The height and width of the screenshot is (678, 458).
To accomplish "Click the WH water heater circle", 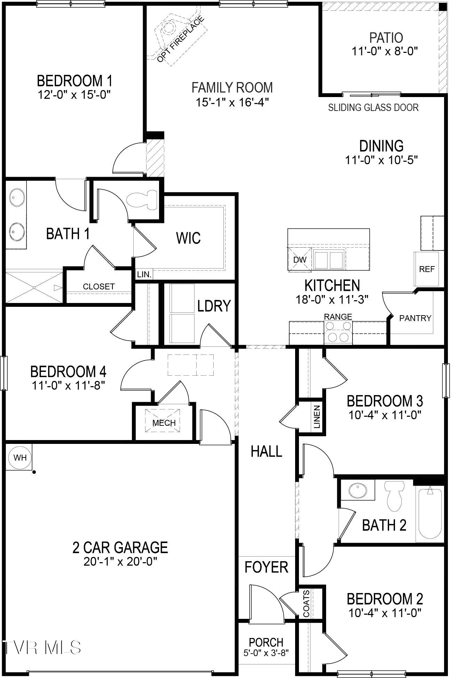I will tap(20, 457).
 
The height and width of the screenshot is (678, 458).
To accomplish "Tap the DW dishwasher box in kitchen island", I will tap(300, 260).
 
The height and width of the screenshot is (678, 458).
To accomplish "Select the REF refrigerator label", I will tap(427, 269).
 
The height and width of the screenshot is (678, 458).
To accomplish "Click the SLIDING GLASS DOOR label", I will tap(373, 107).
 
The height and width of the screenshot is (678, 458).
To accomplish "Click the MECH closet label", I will tap(164, 423).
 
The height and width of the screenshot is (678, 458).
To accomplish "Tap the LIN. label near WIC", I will tap(144, 274).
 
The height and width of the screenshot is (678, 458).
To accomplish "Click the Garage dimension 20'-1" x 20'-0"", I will tap(120, 561).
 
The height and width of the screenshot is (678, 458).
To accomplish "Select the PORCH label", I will tap(266, 642).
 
